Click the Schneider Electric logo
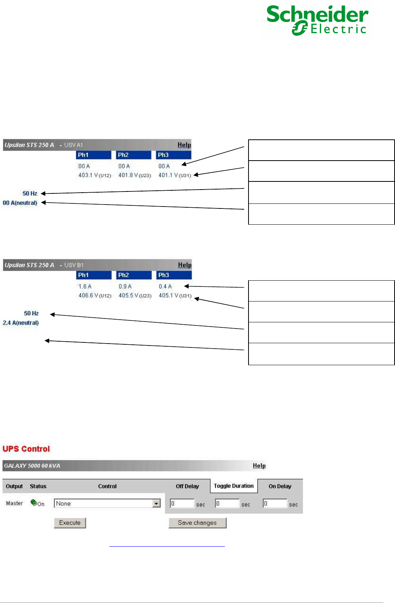pos(317,20)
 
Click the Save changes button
pos(197,523)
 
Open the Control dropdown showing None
pos(107,503)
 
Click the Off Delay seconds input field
pos(182,503)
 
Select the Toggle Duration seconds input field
pos(227,503)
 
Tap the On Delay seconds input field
pos(275,503)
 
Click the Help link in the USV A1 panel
pos(184,145)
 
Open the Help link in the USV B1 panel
pos(185,265)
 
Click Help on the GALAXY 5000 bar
pos(259,466)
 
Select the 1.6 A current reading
pos(85,286)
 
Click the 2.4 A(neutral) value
pos(21,323)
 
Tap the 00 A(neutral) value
pos(20,203)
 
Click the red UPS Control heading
pos(26,449)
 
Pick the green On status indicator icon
pos(34,502)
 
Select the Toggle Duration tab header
pos(233,486)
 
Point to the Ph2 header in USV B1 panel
pos(134,275)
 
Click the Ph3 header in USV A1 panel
pos(174,155)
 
